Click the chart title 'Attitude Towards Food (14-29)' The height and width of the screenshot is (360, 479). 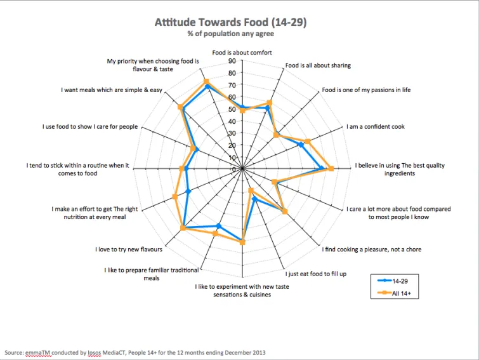230,23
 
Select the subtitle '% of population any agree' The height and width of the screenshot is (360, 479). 230,34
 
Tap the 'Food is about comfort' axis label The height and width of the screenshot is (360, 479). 242,53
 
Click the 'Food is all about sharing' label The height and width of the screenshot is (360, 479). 318,65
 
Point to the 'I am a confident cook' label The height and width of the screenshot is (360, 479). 376,126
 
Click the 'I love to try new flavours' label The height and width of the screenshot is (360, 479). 129,250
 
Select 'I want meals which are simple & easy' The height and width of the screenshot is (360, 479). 112,90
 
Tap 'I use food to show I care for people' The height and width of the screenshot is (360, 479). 90,127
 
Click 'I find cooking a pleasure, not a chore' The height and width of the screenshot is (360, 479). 372,250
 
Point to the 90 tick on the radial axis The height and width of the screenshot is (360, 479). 232,61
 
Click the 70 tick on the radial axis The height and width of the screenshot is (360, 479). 232,85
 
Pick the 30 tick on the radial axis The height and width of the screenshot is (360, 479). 232,133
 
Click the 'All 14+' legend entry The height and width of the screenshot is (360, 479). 404,293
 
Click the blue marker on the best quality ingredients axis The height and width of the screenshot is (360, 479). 322,169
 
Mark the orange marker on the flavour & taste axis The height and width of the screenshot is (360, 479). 206,81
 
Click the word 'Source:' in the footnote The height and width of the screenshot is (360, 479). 15,352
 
